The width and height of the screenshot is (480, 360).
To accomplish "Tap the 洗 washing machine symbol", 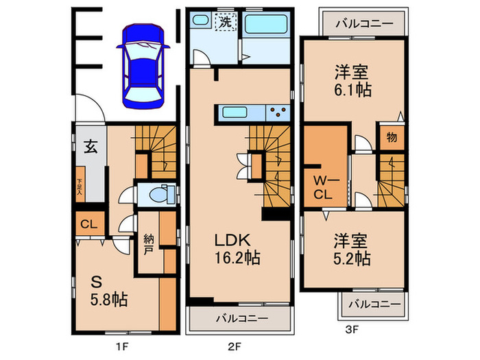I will coord(226,21).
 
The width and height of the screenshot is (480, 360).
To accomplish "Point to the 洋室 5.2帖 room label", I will coord(352,250).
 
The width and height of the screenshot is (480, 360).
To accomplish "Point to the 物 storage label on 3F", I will coord(392,137).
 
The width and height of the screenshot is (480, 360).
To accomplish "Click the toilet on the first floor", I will coord(157,195).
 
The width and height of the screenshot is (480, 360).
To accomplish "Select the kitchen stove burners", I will coord(278,112).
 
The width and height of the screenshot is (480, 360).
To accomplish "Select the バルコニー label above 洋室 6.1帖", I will coord(364,23).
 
